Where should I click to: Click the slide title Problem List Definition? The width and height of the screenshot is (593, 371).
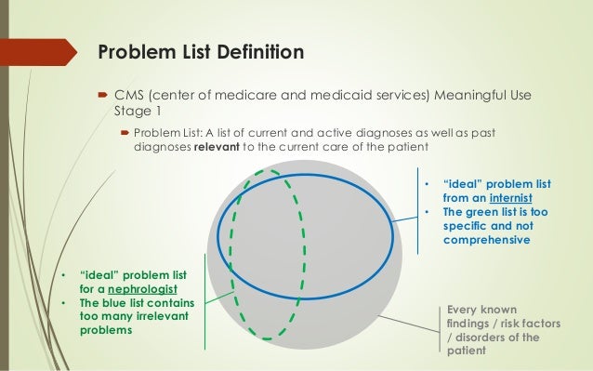[x=202, y=51]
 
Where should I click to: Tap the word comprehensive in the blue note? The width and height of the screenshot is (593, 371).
[x=486, y=240]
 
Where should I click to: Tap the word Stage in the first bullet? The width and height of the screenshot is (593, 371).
[x=132, y=112]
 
